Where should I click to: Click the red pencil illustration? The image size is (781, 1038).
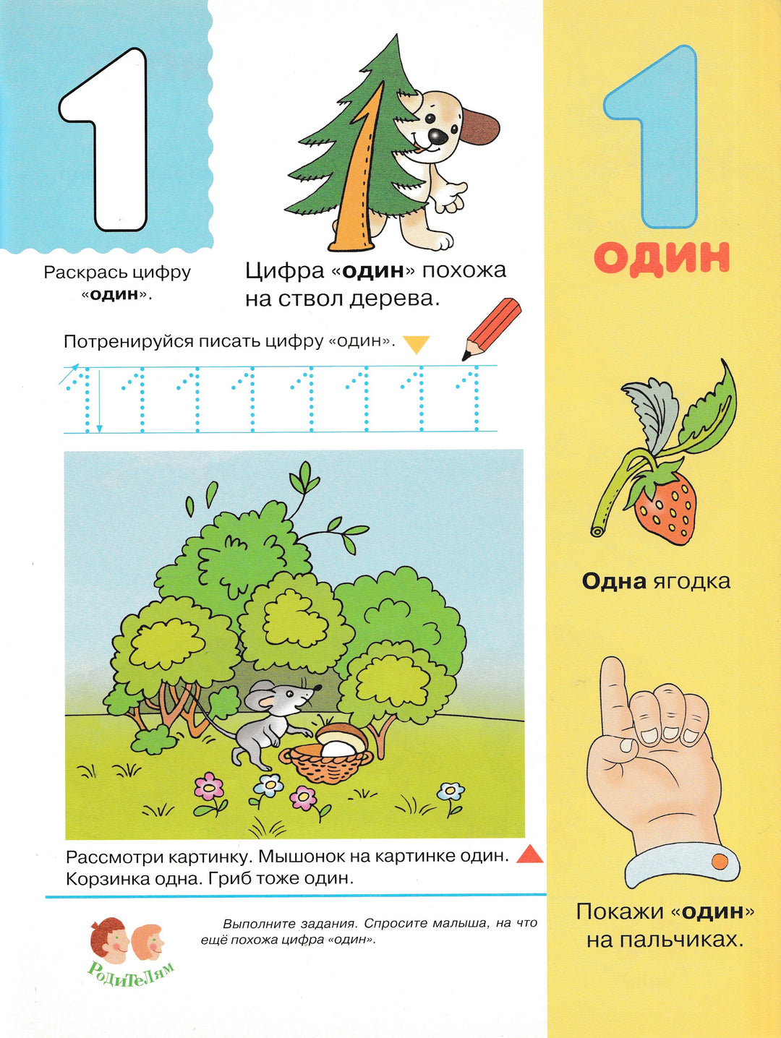(x=491, y=329)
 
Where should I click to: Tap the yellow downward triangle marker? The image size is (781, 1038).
(x=418, y=344)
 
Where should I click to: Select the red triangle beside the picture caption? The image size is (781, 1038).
(x=529, y=854)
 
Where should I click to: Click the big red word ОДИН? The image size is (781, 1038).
(x=662, y=258)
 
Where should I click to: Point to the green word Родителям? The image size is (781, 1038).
(x=131, y=974)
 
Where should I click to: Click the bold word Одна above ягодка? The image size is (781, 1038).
(x=614, y=581)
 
